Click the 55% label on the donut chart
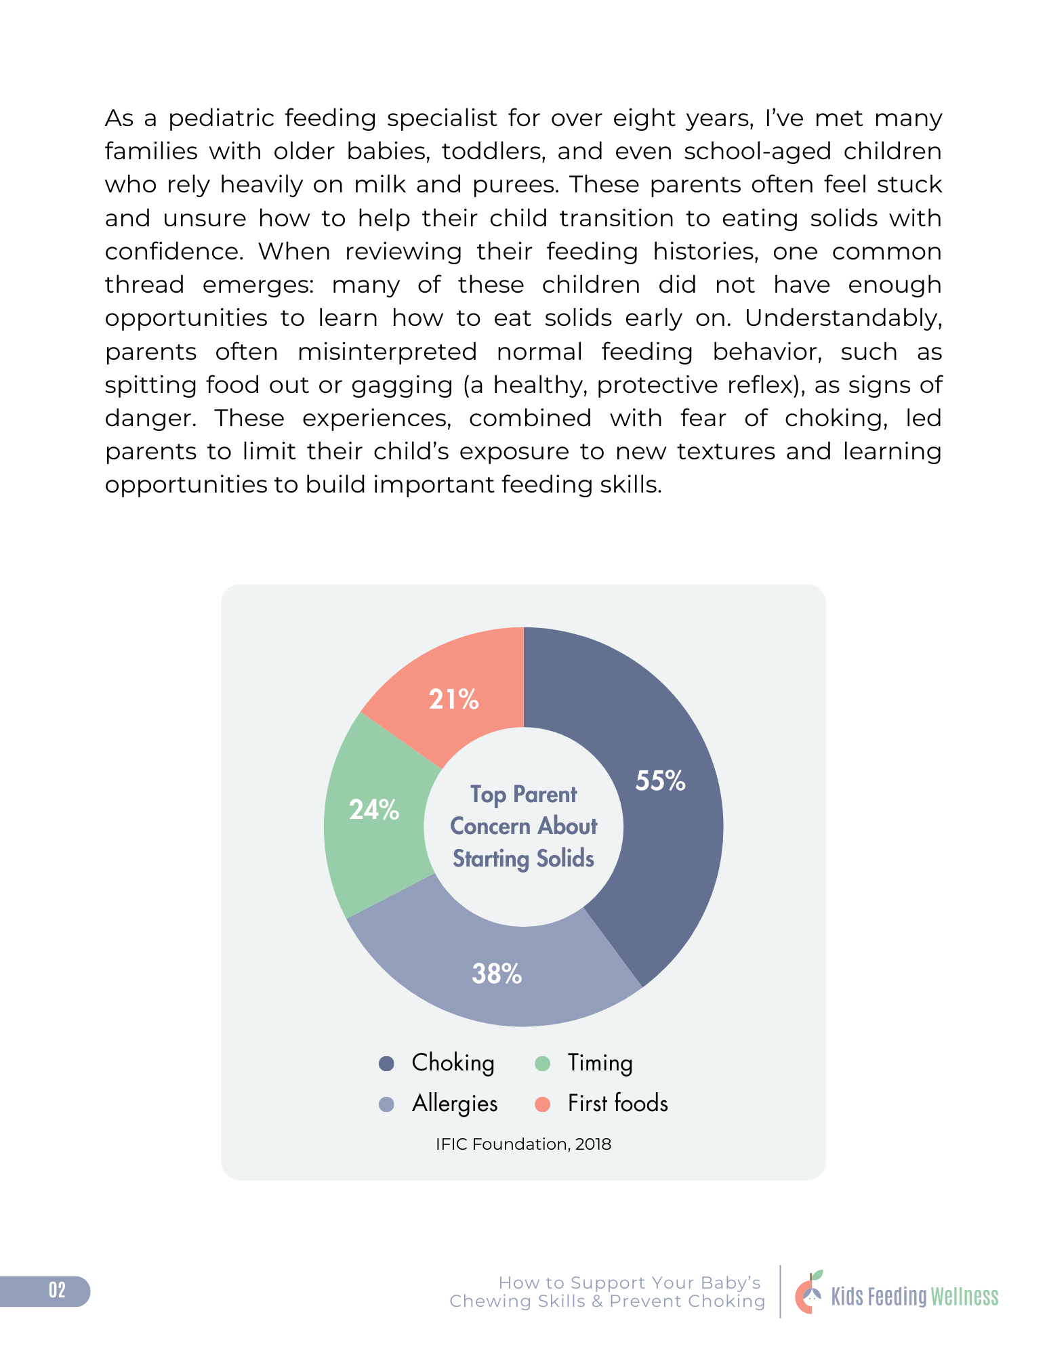tap(660, 781)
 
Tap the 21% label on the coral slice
tap(453, 699)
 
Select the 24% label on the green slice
tap(374, 810)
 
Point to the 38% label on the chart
tap(497, 974)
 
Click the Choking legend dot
tap(386, 1063)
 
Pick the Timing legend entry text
tap(600, 1063)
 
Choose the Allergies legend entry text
tap(455, 1104)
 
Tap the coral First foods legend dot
tap(542, 1104)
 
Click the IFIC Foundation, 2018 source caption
tap(523, 1144)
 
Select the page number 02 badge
tap(57, 1291)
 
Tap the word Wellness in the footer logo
tap(964, 1297)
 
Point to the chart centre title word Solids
tap(565, 858)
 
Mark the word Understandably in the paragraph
tap(843, 318)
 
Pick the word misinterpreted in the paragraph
tap(387, 352)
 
